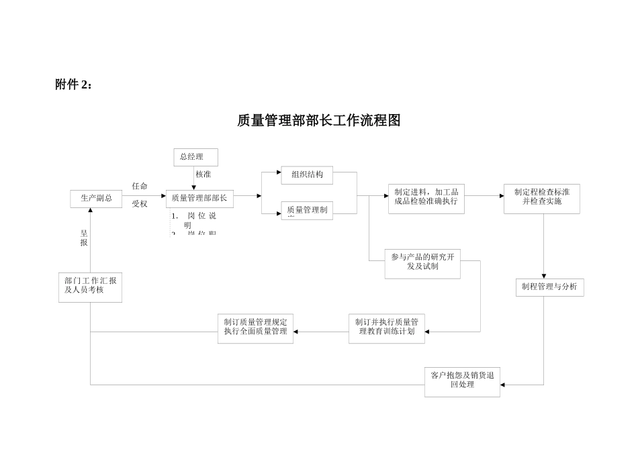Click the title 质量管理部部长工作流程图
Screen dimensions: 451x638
pyautogui.click(x=319, y=121)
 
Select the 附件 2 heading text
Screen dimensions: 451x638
pyautogui.click(x=75, y=85)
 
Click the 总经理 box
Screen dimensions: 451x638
pyautogui.click(x=195, y=158)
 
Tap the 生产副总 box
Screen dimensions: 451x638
pyautogui.click(x=96, y=199)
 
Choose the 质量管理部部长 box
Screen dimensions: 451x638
pyautogui.click(x=199, y=199)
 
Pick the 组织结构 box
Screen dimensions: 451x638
pyautogui.click(x=307, y=175)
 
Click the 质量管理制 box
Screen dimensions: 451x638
pyautogui.click(x=307, y=210)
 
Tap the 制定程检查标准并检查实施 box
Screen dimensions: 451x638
pyautogui.click(x=541, y=198)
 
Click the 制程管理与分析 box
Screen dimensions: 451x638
pyautogui.click(x=549, y=287)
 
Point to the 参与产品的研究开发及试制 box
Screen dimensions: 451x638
pyautogui.click(x=423, y=263)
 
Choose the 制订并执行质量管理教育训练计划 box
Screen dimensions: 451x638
pyautogui.click(x=386, y=328)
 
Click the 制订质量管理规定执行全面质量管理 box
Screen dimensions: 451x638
pyautogui.click(x=255, y=328)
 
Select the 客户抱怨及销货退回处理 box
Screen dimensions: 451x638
pyautogui.click(x=462, y=381)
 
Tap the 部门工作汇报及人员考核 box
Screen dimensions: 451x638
pyautogui.click(x=90, y=287)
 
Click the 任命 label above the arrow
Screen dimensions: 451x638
pyautogui.click(x=140, y=186)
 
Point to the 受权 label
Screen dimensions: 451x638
pyautogui.click(x=140, y=204)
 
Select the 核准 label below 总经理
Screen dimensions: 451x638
pyautogui.click(x=203, y=174)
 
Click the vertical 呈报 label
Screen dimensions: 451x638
pyautogui.click(x=84, y=238)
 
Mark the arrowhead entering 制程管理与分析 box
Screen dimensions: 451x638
pyautogui.click(x=543, y=275)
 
